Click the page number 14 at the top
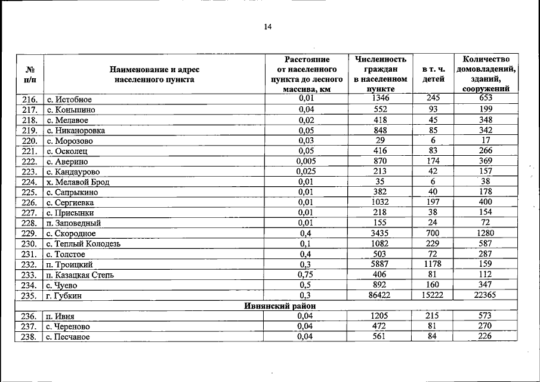click(268, 27)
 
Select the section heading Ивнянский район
click(280, 306)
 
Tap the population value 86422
click(380, 295)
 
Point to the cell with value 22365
click(485, 295)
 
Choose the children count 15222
click(433, 295)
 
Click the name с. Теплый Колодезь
click(84, 244)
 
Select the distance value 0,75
click(306, 275)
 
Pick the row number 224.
click(29, 182)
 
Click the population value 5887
click(380, 264)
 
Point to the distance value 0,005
click(306, 161)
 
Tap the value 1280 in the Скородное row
click(485, 233)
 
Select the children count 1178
click(433, 264)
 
